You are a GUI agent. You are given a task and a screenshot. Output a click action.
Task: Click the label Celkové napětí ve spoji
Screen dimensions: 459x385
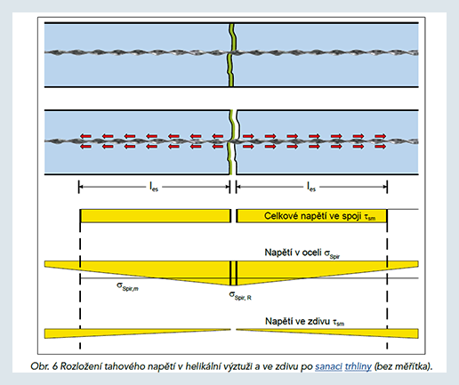(312, 216)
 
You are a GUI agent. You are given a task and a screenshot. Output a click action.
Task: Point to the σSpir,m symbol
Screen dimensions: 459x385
(127, 286)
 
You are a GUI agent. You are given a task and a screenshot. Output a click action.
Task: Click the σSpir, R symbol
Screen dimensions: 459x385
(240, 296)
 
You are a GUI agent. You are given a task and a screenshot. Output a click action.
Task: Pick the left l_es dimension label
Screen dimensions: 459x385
(154, 187)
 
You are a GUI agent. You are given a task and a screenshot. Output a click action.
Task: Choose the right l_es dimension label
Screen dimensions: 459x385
(311, 187)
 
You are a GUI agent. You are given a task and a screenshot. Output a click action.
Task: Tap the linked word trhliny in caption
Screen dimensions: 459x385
(358, 367)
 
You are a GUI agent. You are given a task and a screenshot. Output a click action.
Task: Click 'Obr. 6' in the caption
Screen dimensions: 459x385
(44, 366)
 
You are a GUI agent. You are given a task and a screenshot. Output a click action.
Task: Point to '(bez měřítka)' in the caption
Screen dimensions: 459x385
(404, 367)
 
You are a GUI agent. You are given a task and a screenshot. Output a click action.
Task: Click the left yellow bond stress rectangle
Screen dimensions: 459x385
(155, 216)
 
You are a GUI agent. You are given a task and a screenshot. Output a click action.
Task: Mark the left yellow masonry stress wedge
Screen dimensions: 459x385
(137, 333)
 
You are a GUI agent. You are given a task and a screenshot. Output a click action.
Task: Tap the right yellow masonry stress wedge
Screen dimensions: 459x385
(327, 333)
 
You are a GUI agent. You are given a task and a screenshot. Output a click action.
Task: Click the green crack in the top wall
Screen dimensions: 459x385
(231, 55)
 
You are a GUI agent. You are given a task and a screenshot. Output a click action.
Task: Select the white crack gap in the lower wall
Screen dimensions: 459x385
(237, 142)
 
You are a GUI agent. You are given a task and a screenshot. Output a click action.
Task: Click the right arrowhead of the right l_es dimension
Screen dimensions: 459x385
(385, 187)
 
